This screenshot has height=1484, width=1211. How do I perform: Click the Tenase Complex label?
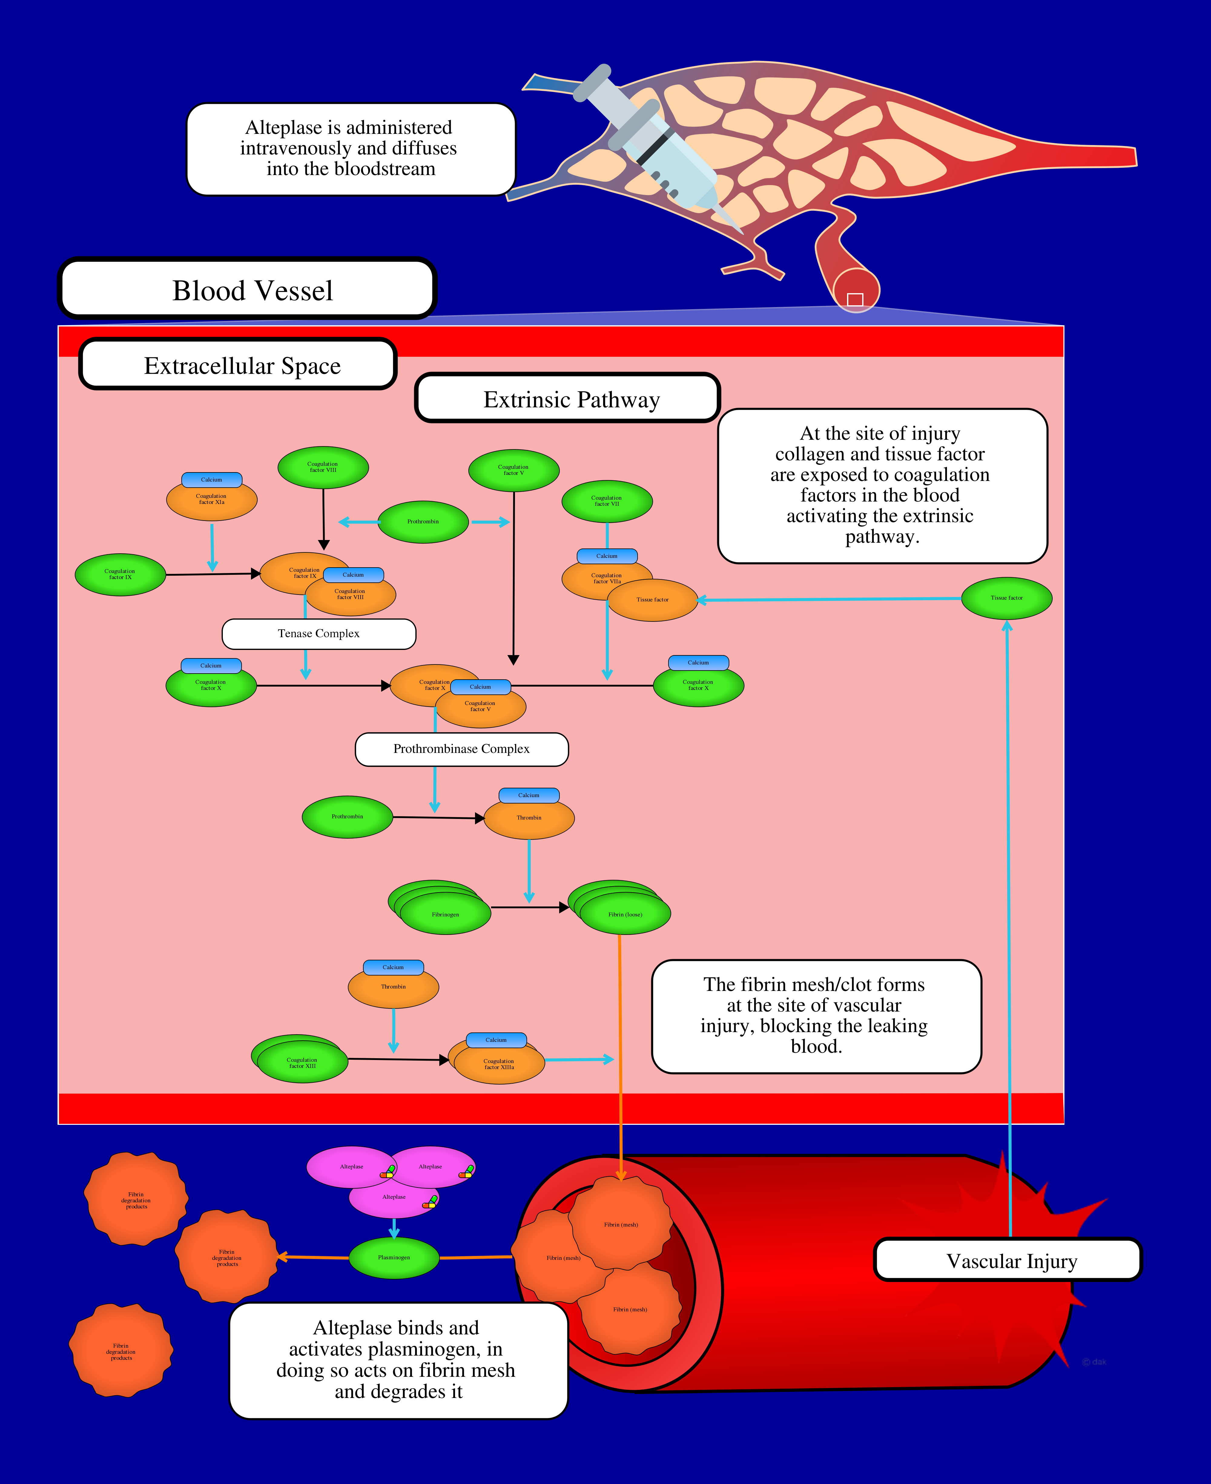pos(319,634)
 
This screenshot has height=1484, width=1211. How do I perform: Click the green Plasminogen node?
pos(394,1257)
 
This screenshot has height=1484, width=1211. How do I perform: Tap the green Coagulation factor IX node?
pos(120,574)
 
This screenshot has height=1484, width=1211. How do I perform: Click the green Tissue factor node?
pos(1007,598)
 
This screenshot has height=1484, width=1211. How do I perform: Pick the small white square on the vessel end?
pos(855,299)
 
